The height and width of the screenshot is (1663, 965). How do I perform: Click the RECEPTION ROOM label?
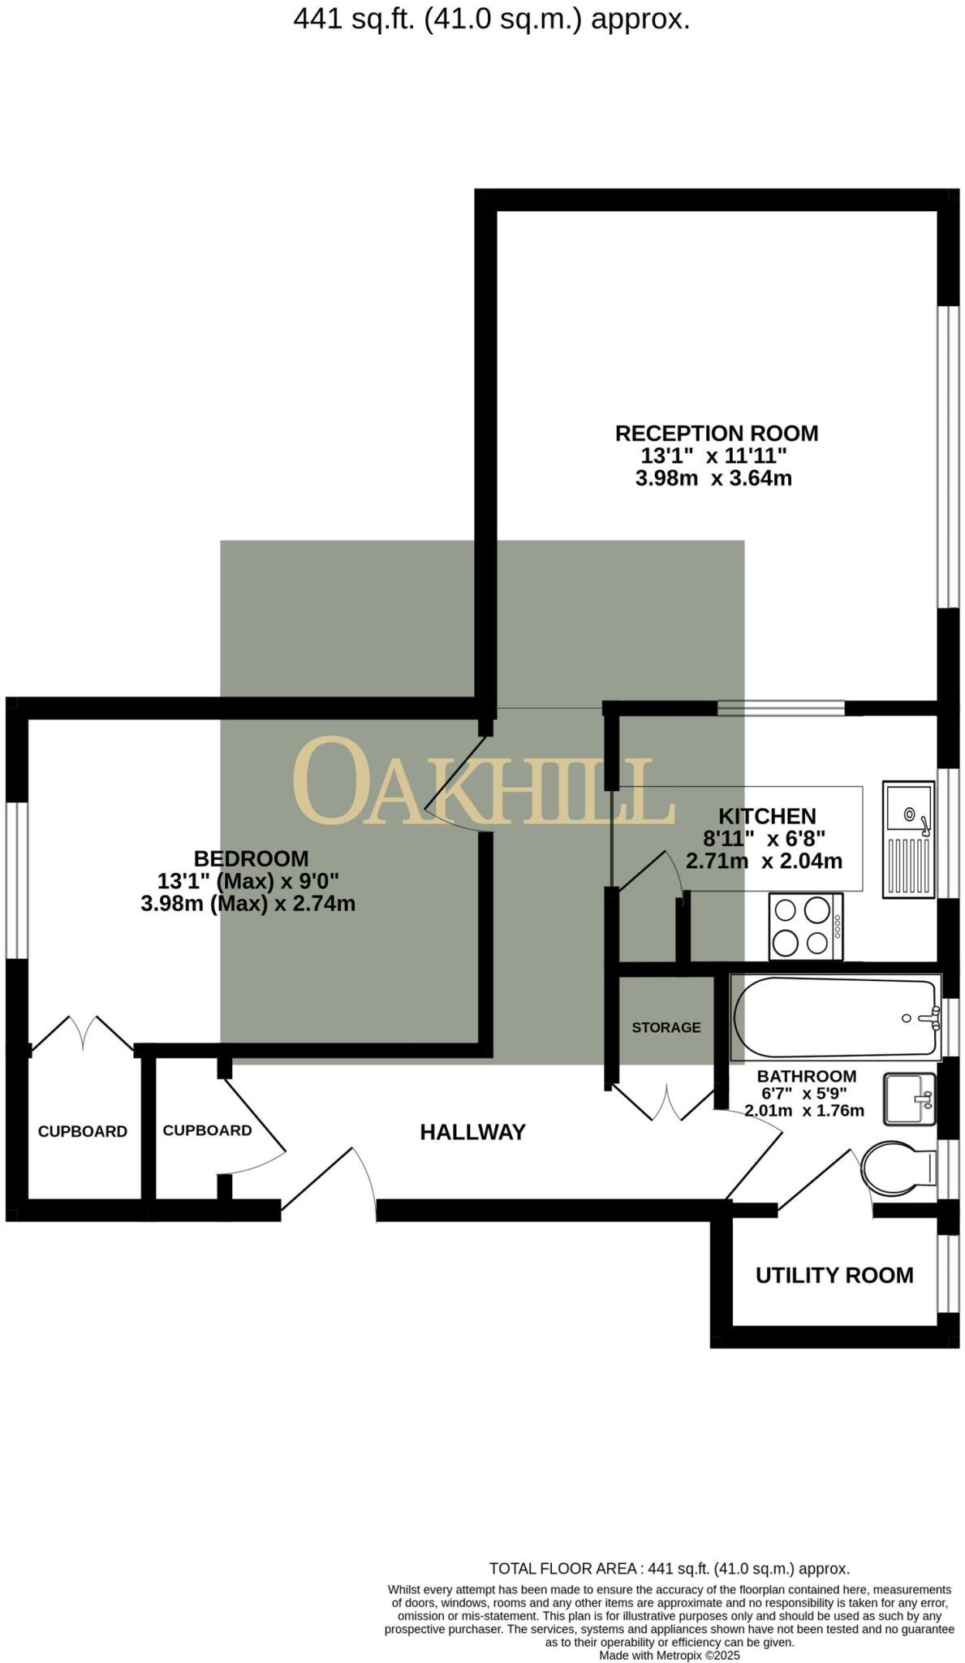coord(716,434)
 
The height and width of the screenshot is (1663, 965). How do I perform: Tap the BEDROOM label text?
coord(251,858)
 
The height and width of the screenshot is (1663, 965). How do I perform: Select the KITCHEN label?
coord(767,816)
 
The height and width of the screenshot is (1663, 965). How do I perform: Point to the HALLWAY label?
coord(472,1132)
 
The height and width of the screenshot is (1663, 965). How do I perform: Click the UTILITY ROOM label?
coord(834,1276)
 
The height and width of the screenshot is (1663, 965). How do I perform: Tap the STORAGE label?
coord(666,1027)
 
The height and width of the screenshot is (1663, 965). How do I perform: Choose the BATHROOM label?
coord(806,1077)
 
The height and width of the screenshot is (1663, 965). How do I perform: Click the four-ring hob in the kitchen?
coord(805,927)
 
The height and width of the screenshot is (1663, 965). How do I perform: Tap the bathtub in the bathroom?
coord(836,1018)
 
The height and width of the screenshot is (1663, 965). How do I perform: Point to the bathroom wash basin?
coord(909,1099)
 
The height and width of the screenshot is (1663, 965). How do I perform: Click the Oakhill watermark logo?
coord(484,782)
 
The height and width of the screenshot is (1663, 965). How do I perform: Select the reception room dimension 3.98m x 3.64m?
coord(713,478)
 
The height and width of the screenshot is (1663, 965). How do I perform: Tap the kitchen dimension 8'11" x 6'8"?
coord(764,838)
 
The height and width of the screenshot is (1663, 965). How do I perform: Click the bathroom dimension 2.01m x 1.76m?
coord(803,1110)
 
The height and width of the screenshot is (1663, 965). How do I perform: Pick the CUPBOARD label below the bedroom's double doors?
coord(83,1132)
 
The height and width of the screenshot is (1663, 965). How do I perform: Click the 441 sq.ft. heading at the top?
coord(491,19)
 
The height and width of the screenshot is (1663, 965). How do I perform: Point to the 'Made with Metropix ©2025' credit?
coord(669,1655)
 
